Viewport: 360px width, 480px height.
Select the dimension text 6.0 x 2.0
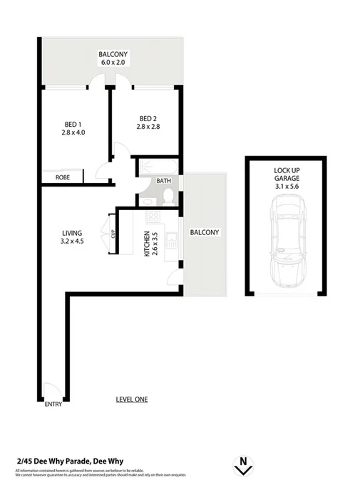click(112, 62)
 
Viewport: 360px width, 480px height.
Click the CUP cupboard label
click(113, 233)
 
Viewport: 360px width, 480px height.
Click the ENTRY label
click(53, 405)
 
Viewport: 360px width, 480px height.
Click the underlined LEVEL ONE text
click(131, 400)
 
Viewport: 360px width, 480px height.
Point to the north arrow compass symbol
click(244, 464)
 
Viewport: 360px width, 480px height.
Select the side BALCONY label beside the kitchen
click(205, 233)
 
